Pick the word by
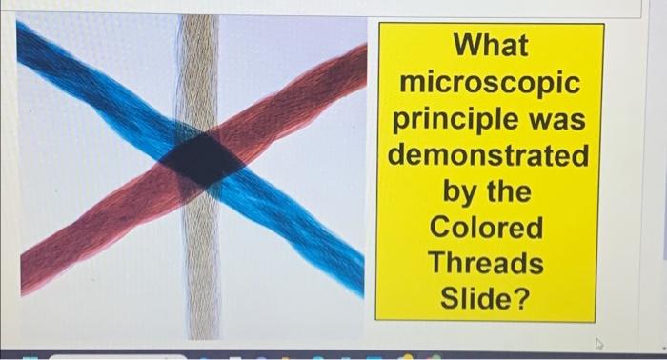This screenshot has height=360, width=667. (x=462, y=191)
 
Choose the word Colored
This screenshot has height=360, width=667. (x=488, y=228)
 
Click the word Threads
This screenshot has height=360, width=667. (x=488, y=263)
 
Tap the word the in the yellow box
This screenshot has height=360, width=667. (x=510, y=191)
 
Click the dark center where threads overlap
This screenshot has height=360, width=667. (x=201, y=159)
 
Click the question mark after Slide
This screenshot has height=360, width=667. (x=520, y=299)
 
